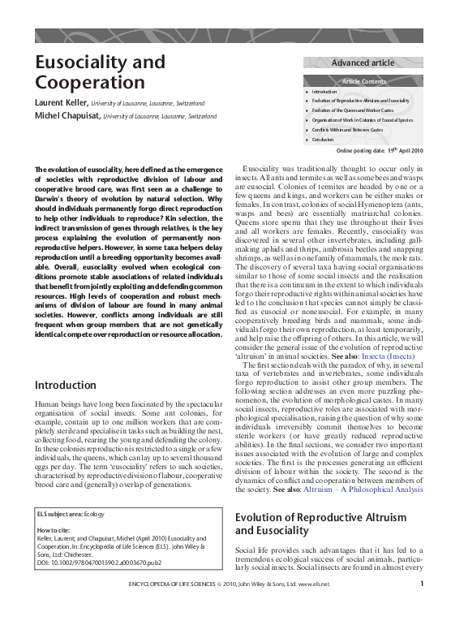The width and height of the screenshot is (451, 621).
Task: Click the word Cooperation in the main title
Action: pos(84,83)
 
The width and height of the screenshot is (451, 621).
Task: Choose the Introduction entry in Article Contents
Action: pos(324,93)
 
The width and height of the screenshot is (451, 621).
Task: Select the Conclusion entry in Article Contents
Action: pos(324,139)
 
